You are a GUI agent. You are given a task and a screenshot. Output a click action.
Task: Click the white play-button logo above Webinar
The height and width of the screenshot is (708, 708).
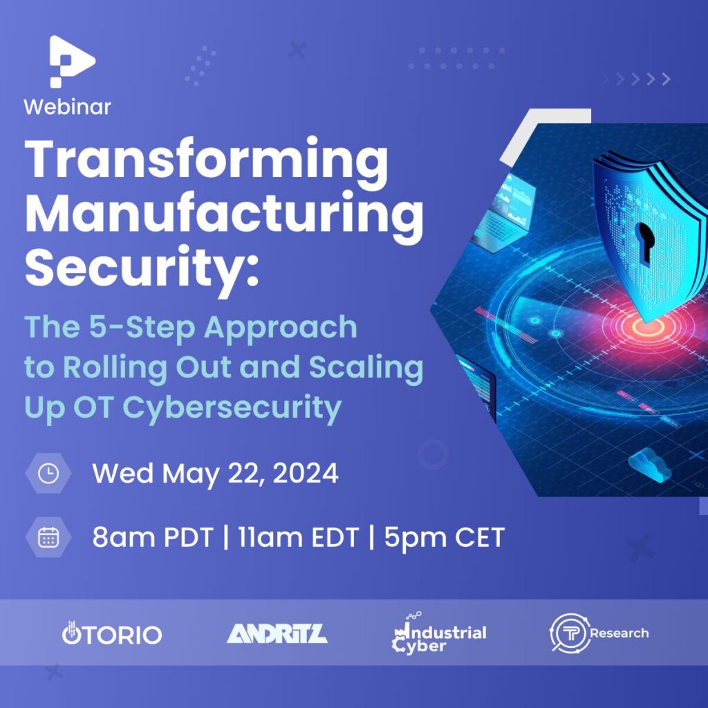tap(71, 61)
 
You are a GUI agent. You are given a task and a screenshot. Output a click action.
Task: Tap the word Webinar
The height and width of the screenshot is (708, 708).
tap(67, 107)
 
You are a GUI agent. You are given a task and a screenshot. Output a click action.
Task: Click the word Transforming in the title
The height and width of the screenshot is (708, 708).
tap(206, 162)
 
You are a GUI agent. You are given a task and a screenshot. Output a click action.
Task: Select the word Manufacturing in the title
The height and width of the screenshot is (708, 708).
tap(225, 216)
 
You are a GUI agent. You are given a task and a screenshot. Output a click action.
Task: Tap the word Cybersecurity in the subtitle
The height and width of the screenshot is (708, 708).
tap(232, 408)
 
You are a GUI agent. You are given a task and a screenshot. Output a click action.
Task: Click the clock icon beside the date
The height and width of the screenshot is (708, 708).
tap(48, 473)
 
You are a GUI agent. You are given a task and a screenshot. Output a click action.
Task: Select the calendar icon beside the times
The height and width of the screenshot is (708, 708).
tap(48, 537)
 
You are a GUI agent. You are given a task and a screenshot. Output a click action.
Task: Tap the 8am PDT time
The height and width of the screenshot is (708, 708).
tap(153, 537)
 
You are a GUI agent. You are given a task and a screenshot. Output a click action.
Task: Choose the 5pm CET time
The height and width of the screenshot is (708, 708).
tap(445, 537)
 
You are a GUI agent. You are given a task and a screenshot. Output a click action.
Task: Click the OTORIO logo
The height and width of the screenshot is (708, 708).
tap(111, 633)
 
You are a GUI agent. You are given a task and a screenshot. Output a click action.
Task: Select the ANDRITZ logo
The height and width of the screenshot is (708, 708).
tap(277, 633)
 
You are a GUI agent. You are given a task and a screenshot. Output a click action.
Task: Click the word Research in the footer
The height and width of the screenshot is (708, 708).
tap(619, 633)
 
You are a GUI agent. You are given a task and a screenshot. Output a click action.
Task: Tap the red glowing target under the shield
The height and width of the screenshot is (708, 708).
tap(648, 326)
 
